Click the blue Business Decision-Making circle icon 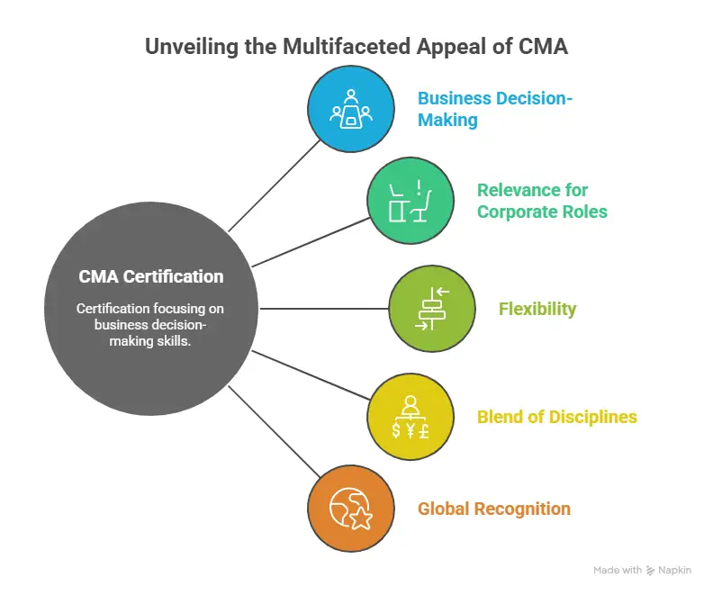click(350, 109)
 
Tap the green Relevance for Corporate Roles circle click(411, 201)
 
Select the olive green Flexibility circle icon click(432, 309)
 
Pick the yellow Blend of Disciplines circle click(411, 417)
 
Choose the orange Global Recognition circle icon click(350, 509)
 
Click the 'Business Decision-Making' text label click(493, 109)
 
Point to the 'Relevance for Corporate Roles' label click(542, 201)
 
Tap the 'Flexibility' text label click(537, 309)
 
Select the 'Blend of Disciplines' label click(556, 417)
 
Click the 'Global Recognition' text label click(493, 509)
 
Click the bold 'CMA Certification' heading click(150, 276)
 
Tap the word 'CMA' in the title click(542, 47)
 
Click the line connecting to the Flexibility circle click(324, 309)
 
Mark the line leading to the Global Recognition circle click(275, 432)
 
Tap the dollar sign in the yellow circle click(397, 429)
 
